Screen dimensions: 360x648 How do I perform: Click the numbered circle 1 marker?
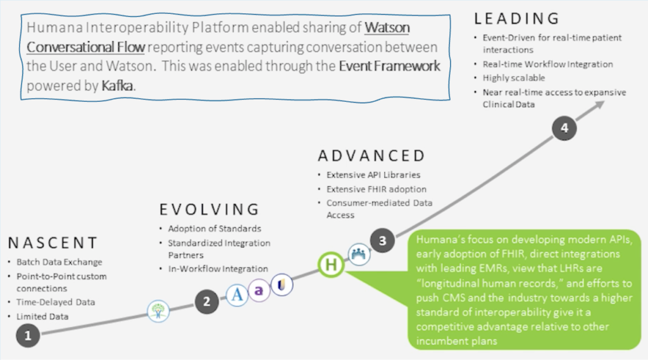click(27, 336)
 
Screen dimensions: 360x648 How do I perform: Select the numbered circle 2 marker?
click(206, 302)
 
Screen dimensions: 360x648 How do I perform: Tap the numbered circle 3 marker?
click(382, 240)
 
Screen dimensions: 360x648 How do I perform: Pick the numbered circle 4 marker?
click(564, 128)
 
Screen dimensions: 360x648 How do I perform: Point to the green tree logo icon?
click(158, 311)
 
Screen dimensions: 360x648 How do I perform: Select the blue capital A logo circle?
click(237, 295)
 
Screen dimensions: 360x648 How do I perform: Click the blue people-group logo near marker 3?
click(358, 252)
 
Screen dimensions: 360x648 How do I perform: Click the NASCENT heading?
click(53, 243)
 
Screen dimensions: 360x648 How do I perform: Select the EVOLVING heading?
click(209, 209)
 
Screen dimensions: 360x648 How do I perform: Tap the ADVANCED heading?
click(371, 156)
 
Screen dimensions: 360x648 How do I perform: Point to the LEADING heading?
click(516, 18)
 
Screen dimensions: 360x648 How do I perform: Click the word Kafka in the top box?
click(118, 84)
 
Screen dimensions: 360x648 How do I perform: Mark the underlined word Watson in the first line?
click(387, 28)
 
